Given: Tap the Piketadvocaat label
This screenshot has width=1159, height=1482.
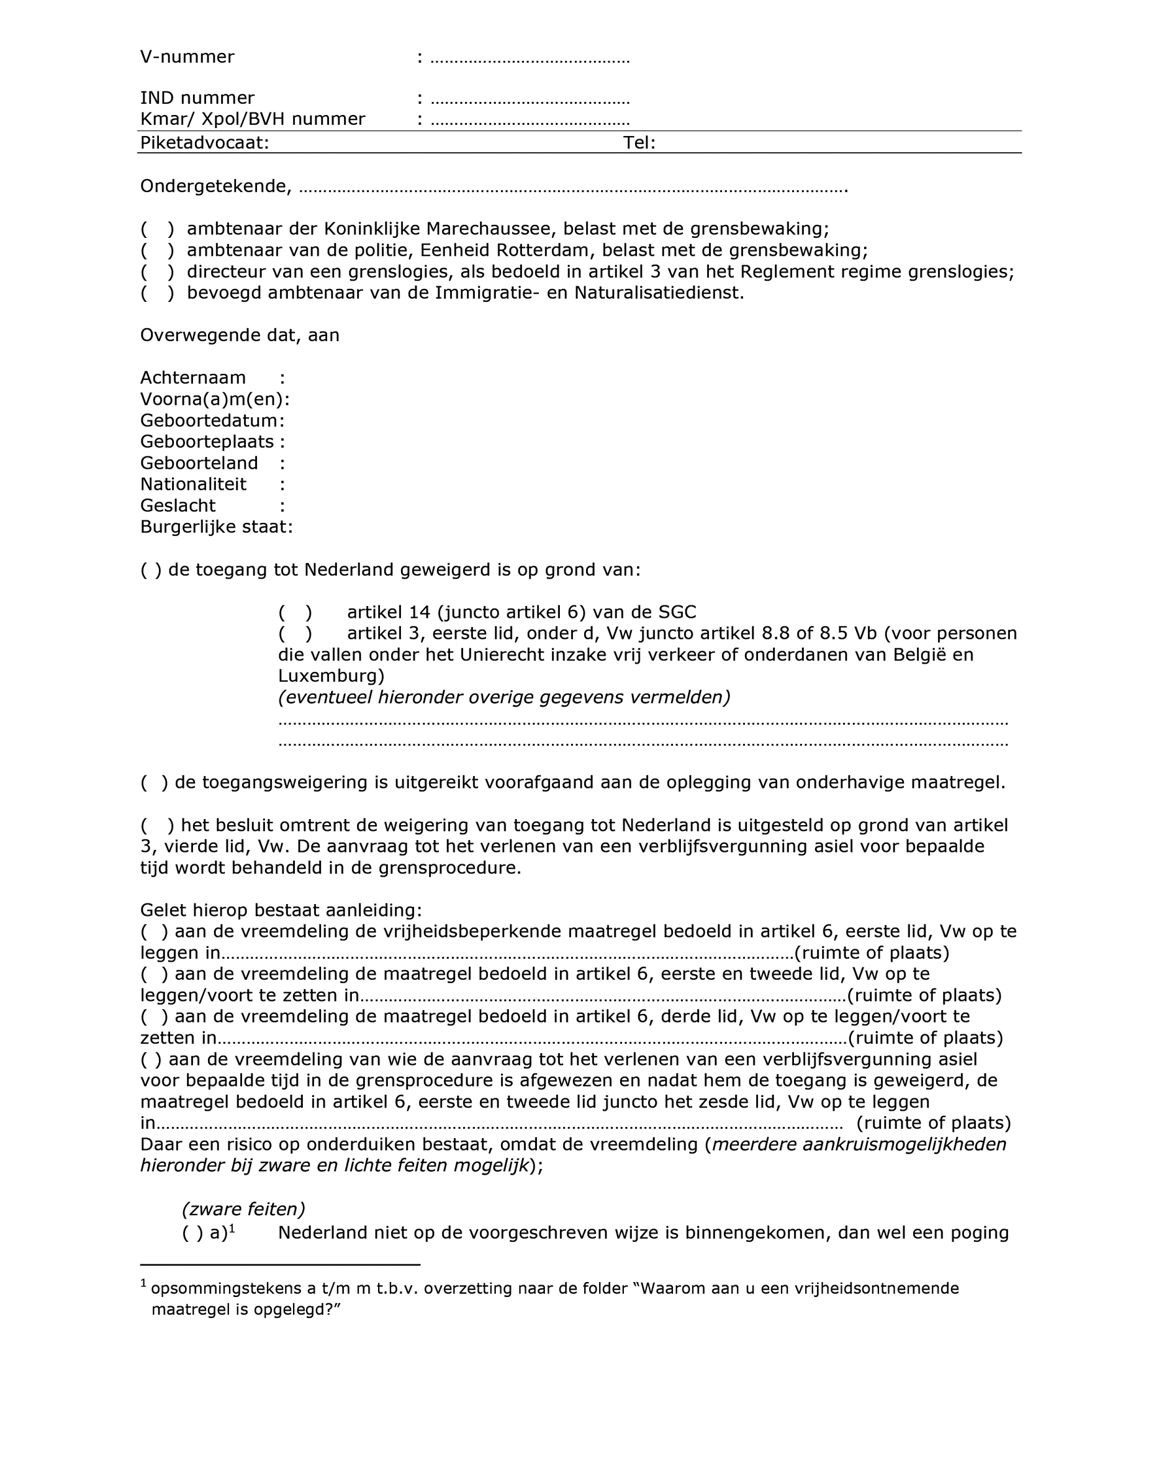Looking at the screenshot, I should pos(204,143).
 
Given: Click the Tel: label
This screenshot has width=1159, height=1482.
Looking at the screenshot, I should pos(639,143).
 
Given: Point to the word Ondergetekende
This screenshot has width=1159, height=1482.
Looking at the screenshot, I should pos(215,186).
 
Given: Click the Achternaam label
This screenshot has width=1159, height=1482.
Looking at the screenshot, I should pos(193,378).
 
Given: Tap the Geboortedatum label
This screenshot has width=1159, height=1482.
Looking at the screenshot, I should pos(209,421).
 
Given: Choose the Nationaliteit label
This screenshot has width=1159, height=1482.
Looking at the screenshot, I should pos(194,484).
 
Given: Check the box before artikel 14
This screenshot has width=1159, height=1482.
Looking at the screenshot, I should pos(296,613).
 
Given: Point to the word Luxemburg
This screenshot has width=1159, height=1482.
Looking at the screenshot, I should pos(331,677).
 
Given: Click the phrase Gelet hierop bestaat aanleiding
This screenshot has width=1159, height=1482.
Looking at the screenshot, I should pos(280,911).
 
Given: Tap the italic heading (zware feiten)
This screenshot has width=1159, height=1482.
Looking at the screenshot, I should pos(243,1210).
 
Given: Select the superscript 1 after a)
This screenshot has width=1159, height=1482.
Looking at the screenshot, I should pos(232,1228).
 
